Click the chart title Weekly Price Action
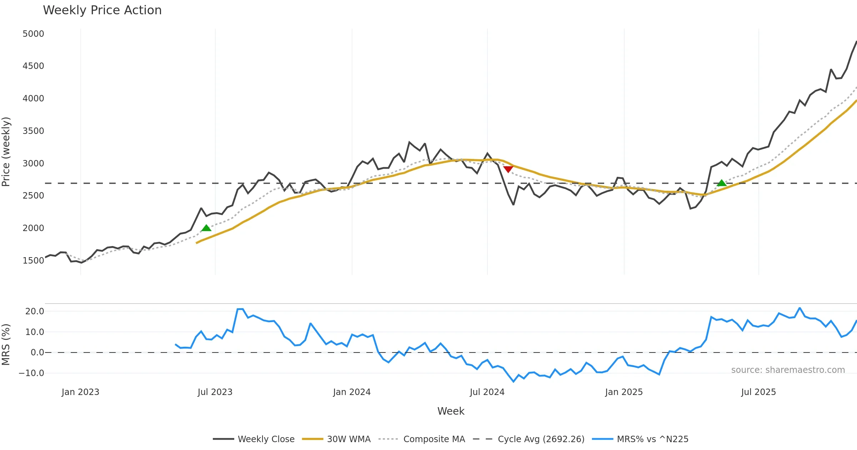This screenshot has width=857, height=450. (x=102, y=10)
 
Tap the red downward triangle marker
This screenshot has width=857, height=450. (x=508, y=169)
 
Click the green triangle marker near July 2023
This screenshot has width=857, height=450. (x=206, y=228)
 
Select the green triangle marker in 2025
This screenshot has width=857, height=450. (x=722, y=183)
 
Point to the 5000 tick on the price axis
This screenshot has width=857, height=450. (x=33, y=34)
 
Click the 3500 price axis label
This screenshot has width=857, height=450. (x=33, y=131)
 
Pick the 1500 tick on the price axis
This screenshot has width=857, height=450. (x=33, y=261)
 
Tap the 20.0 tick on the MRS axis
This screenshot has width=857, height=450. (x=35, y=311)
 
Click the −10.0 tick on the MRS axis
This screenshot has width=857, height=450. (x=31, y=373)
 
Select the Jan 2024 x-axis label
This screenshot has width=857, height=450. (x=352, y=392)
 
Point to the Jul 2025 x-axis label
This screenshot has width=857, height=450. (x=758, y=392)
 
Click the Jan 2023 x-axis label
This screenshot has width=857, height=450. (x=80, y=392)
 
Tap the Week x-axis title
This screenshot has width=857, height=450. (x=451, y=411)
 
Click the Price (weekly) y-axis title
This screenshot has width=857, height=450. (x=6, y=152)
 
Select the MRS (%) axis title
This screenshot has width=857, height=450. (x=6, y=345)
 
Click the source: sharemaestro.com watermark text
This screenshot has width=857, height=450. (x=788, y=370)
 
